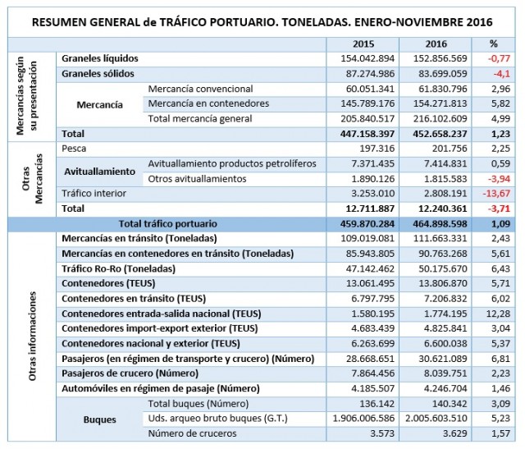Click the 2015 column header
click(363, 44)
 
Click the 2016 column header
click(437, 44)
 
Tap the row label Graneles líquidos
click(100, 58)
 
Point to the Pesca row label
click(75, 149)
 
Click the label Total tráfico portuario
click(168, 222)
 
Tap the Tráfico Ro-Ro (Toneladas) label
click(119, 268)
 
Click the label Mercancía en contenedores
click(208, 103)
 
